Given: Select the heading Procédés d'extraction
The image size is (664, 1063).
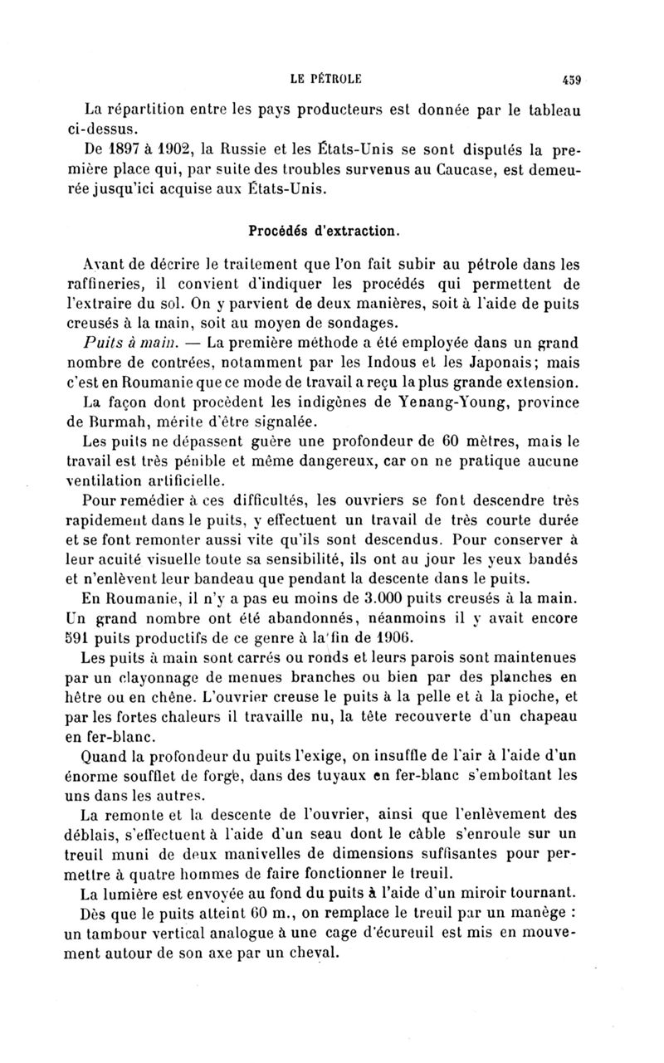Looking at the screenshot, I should [330, 224].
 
